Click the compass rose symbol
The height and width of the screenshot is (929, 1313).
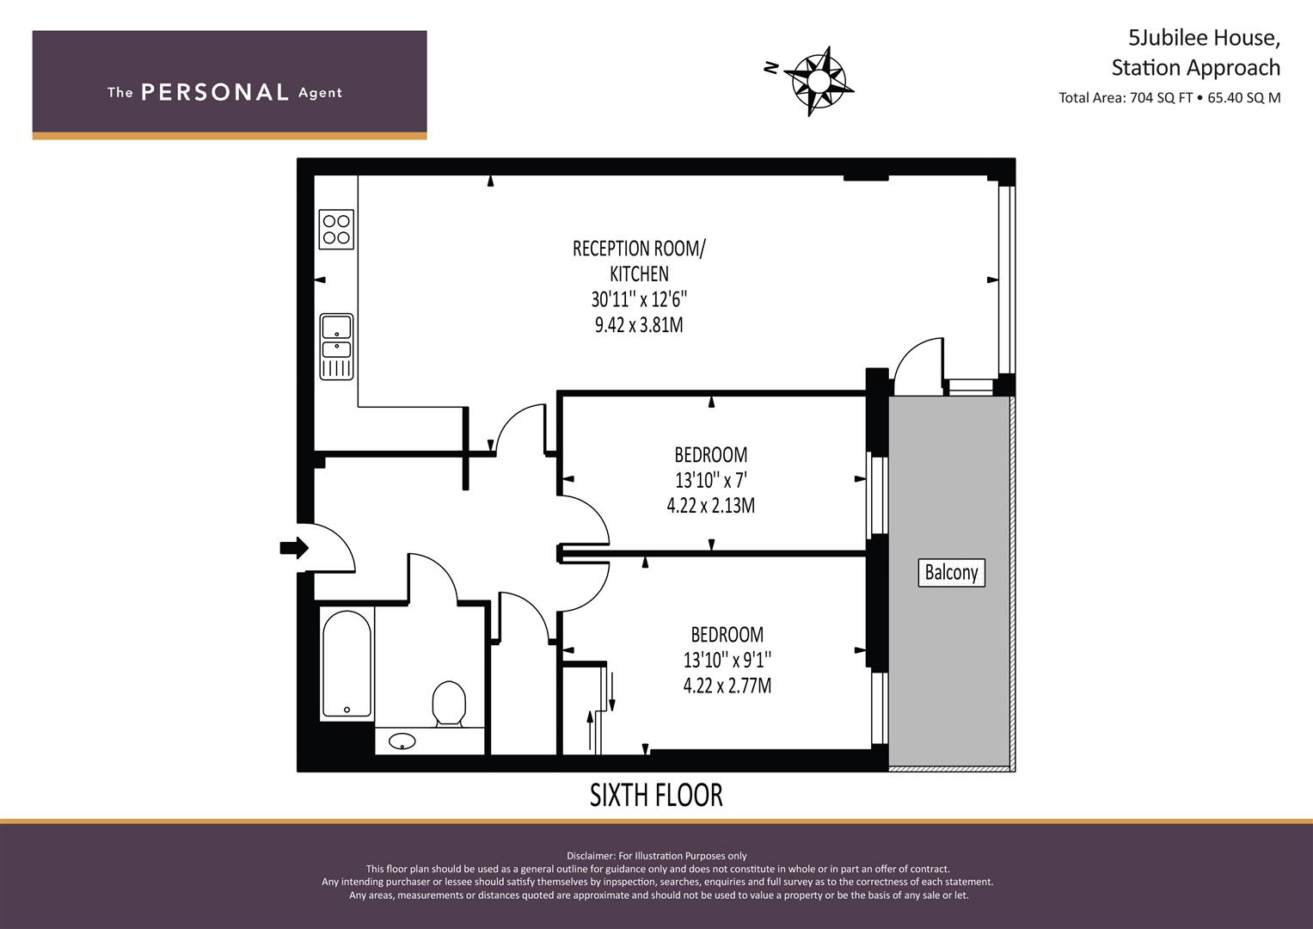point(818,81)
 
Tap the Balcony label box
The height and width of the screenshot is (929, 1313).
point(951,572)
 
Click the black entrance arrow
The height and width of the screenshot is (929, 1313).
point(294,547)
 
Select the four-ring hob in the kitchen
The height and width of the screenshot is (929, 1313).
point(336,230)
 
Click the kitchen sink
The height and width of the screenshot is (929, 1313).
point(336,346)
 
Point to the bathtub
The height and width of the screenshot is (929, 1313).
point(347,664)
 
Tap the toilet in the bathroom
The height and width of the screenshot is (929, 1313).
point(448,704)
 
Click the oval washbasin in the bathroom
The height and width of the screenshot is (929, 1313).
point(402,740)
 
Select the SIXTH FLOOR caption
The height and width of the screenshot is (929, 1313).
point(656,795)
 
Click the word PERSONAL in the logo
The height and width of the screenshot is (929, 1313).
point(214,93)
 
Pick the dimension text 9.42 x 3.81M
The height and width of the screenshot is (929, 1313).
point(639,325)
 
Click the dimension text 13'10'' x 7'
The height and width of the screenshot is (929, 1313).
point(710,480)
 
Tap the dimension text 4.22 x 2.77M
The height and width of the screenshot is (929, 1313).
point(727,686)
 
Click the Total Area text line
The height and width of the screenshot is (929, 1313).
point(1169,97)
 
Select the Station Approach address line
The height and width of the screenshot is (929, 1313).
point(1195,67)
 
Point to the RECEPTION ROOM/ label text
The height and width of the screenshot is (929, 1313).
point(639,249)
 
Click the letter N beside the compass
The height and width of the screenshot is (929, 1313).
point(771,68)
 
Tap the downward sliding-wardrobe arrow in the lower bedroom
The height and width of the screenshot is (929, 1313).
point(611,692)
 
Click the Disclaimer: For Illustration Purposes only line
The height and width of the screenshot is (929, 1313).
point(656,855)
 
